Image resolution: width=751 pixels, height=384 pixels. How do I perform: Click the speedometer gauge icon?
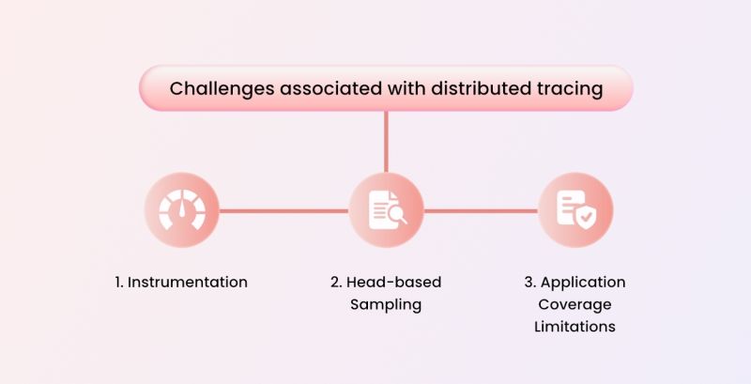pos(181,210)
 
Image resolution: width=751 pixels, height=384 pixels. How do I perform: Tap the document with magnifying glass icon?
pos(386,210)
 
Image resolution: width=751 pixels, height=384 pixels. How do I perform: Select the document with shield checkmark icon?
pos(575,210)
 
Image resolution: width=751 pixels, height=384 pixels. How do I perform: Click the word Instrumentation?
pos(188,282)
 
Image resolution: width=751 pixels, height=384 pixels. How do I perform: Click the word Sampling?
pos(386,304)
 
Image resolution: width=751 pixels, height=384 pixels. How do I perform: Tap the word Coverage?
pos(575,304)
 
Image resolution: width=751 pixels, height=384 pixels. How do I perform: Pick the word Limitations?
pos(575,327)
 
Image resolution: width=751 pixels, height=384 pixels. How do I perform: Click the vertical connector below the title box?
pos(386,141)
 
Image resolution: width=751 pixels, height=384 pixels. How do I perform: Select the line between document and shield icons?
pos(481,210)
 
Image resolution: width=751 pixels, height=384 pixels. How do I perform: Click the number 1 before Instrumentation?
pos(119,282)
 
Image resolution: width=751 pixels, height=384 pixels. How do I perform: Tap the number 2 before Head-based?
pos(336,282)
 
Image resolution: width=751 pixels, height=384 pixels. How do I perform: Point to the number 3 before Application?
pos(529,282)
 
